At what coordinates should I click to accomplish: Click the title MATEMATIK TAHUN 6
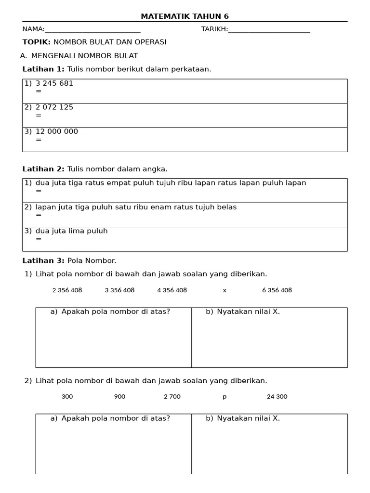pos(185,16)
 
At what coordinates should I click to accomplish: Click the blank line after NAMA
pos(92,31)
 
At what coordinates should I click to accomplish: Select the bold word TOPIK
pos(37,42)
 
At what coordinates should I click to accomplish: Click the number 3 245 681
pos(54,83)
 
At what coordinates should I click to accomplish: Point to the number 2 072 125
pos(54,107)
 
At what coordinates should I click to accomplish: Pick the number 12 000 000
pos(57,131)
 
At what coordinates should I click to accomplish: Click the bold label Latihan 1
pos(43,69)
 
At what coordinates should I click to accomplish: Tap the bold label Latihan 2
pos(43,169)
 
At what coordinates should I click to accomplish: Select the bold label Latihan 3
pos(43,261)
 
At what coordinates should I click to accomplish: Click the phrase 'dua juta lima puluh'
pos(72,231)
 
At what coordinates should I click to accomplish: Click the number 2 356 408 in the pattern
pos(67,290)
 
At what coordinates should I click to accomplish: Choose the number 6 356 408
pos(277,290)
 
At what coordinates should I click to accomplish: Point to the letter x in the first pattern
pos(225,291)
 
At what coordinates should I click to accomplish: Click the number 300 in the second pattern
pos(67,397)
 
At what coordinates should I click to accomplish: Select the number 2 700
pos(172,397)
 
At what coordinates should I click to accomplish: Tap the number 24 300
pos(277,397)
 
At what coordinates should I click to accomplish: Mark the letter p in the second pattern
pos(225,397)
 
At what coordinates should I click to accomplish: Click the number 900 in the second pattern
pos(119,397)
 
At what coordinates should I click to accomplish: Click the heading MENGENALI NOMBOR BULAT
pos(85,56)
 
